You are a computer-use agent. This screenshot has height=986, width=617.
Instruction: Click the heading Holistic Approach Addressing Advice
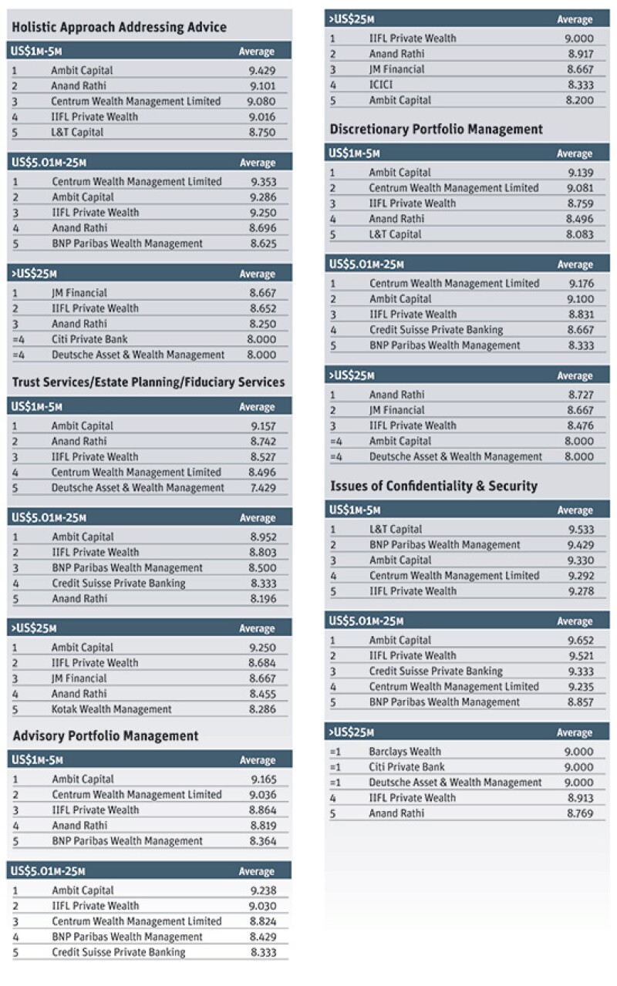pos(119,27)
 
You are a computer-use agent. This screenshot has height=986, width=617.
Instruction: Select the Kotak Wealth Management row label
pos(111,709)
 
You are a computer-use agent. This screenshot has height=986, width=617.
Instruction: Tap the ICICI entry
pos(380,85)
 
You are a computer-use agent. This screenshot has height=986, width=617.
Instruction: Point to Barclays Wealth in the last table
pos(405,752)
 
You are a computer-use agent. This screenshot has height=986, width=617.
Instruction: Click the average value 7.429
pos(263,488)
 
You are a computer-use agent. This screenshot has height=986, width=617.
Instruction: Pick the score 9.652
pos(581,640)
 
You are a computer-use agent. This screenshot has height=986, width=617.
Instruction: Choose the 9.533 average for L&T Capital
pos(581,529)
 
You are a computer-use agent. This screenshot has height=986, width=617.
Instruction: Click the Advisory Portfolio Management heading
pos(106,736)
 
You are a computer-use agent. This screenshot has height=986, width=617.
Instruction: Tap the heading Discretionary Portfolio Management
pos(436,129)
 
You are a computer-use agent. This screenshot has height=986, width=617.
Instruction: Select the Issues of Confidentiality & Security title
pos(433,486)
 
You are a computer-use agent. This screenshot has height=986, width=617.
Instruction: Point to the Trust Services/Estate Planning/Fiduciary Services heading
pos(148,382)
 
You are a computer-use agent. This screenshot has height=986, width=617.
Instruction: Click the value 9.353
pos(263,182)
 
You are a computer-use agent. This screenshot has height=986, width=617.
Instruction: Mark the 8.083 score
pos(579,234)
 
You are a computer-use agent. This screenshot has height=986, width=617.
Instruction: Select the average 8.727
pos(581,395)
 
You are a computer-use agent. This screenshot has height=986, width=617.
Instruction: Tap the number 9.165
pos(263,779)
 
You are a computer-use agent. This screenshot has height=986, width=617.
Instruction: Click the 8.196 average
pos(263,599)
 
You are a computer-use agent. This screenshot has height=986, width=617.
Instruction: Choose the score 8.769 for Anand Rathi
pos(580,813)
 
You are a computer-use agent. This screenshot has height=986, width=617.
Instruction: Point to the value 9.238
pos(263,890)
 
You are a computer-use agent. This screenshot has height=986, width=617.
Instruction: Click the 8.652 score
pos(263,308)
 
